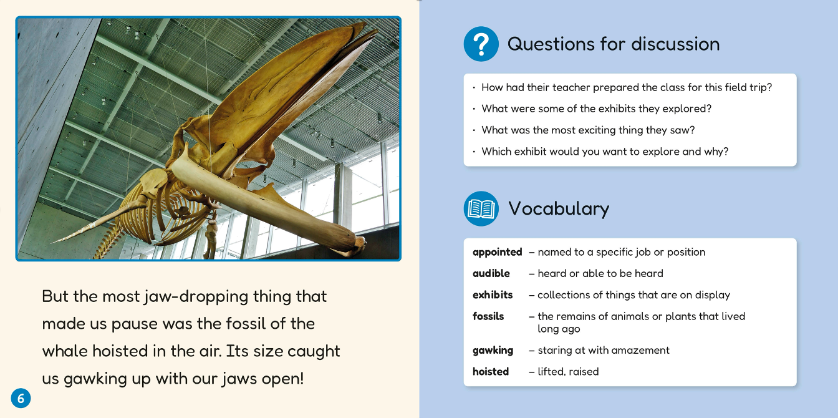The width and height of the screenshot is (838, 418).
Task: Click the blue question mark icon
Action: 481,44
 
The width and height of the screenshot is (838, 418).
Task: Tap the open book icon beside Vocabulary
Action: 481,209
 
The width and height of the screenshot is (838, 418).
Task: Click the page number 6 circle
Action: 21,398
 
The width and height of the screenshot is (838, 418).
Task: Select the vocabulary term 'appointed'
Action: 497,252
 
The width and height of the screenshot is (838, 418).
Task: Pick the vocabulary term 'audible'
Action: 491,273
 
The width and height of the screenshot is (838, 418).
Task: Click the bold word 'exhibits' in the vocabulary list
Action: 493,295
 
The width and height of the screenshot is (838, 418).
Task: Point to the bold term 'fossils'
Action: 488,316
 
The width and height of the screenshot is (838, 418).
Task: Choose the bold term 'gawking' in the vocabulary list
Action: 493,350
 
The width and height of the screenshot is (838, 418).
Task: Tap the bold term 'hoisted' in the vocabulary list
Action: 491,372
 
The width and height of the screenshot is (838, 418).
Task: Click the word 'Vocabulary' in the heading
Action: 559,209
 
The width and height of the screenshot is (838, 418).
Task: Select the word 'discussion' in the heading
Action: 675,44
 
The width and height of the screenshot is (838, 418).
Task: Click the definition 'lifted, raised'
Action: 568,372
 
